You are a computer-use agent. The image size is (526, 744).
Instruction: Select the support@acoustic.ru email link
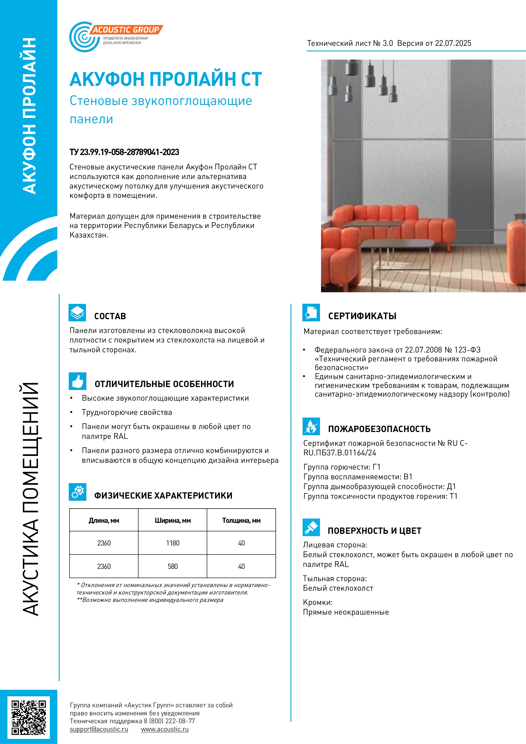[99, 729]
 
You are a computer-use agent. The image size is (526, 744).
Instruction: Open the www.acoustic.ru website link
[165, 729]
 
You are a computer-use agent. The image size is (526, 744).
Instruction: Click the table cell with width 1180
[173, 543]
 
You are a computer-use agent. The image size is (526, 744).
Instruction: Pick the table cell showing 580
[173, 566]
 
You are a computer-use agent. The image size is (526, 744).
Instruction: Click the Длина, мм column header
[104, 520]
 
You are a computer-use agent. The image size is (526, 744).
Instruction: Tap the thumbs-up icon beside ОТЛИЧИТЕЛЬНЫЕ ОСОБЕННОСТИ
[77, 381]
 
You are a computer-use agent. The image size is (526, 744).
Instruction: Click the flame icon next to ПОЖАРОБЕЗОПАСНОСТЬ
[311, 427]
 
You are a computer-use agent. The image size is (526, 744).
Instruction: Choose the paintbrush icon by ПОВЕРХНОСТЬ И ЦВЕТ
[311, 527]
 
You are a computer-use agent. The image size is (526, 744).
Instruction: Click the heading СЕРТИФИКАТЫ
[362, 316]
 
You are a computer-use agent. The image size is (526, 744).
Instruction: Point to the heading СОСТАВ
[110, 316]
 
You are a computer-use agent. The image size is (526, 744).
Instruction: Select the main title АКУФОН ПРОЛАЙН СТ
[166, 79]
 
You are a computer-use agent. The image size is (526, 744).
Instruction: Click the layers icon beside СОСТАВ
[77, 313]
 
